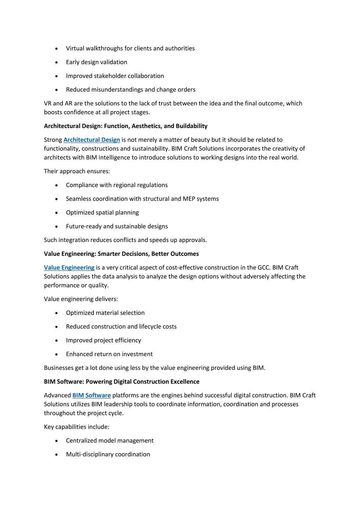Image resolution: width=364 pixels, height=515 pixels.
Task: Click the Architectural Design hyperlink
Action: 91,140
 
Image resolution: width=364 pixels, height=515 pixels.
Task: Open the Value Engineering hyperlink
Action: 69,268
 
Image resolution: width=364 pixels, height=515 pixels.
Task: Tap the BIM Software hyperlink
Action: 91,395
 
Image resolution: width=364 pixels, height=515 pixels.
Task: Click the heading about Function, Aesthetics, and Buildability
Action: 126,126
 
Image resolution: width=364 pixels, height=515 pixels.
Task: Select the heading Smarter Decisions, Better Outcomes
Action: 121,254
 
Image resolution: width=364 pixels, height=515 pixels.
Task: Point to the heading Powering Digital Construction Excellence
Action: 122,382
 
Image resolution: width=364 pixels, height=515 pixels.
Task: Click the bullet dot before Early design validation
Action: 57,62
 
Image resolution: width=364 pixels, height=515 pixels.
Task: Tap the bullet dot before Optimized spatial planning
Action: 57,213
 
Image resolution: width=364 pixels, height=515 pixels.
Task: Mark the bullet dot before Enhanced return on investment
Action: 57,354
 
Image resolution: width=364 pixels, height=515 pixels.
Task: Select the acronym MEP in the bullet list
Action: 189,199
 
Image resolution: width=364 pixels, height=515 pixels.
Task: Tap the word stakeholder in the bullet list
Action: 110,76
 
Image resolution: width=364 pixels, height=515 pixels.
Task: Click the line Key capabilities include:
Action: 77,427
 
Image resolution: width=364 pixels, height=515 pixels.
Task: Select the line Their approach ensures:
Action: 77,171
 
